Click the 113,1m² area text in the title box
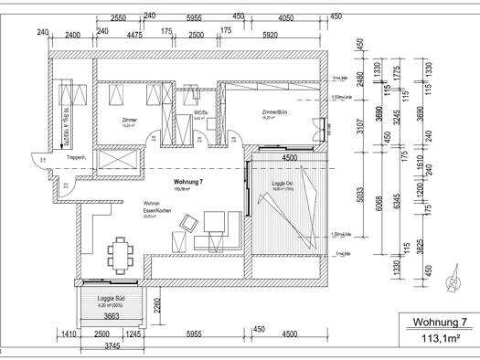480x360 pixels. (x=440, y=339)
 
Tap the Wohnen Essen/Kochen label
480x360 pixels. (x=156, y=206)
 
